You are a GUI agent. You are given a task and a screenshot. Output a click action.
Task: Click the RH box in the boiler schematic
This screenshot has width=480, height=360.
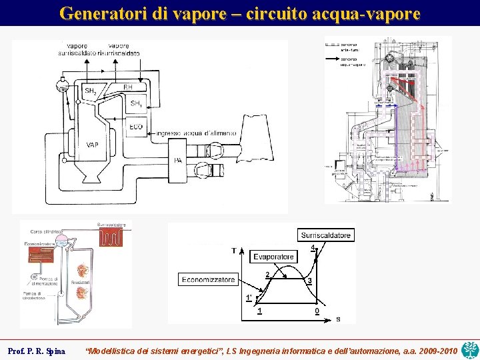(x=129, y=87)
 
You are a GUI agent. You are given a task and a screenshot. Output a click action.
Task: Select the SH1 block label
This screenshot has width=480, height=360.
(x=136, y=103)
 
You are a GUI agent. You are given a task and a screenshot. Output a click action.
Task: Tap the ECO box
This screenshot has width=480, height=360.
(x=136, y=126)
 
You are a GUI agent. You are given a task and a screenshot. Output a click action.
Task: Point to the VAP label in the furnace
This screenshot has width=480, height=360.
(x=93, y=145)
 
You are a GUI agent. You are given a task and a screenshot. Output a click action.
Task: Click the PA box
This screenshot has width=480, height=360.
(x=178, y=160)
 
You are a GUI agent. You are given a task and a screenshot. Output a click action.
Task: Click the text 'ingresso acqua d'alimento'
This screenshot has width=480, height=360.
(x=195, y=133)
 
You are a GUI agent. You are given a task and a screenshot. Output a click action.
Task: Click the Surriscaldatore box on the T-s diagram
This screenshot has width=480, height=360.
(x=325, y=235)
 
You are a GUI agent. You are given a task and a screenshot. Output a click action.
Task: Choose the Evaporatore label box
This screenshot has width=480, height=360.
(x=273, y=257)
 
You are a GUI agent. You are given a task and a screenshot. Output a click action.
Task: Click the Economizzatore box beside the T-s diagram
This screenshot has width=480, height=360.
(x=208, y=279)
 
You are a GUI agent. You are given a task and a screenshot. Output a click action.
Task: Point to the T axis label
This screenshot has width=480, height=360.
(x=233, y=251)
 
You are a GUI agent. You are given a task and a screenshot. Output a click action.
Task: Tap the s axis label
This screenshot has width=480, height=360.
(x=337, y=319)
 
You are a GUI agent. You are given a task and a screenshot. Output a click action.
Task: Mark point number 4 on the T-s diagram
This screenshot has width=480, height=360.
(x=313, y=248)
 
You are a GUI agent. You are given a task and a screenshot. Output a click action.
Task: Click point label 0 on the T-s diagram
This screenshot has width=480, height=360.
(x=317, y=311)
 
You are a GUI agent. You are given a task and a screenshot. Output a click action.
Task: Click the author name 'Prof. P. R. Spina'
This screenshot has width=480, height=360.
(x=36, y=351)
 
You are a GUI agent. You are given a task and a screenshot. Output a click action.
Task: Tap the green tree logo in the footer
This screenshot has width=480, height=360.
(x=469, y=349)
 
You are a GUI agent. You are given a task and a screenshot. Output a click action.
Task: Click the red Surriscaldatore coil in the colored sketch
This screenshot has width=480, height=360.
(x=110, y=238)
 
